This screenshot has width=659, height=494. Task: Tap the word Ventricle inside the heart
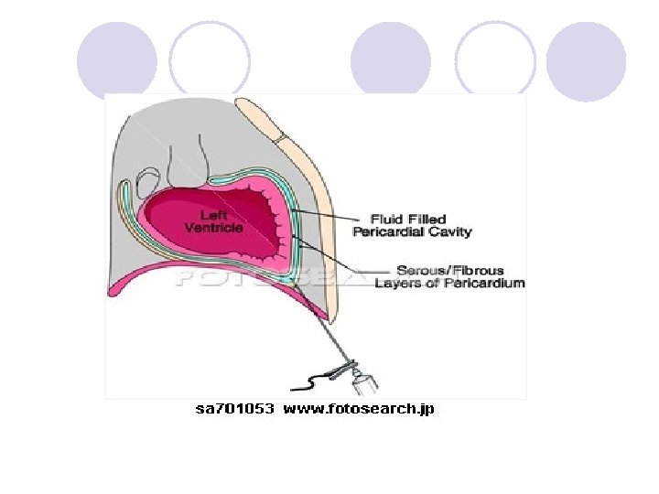pos(214,228)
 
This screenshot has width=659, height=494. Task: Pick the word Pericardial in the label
pos(388,232)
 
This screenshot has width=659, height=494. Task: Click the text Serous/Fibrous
pos(449,270)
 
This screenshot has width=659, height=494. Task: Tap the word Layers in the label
pos(397,283)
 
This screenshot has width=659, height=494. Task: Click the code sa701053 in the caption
pos(234,409)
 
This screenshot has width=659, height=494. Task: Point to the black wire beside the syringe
pos(319,375)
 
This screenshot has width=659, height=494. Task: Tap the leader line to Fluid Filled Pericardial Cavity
pos(329,218)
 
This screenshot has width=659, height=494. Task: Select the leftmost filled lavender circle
pos(116,60)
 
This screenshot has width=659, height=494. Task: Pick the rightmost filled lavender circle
pos(586,60)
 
